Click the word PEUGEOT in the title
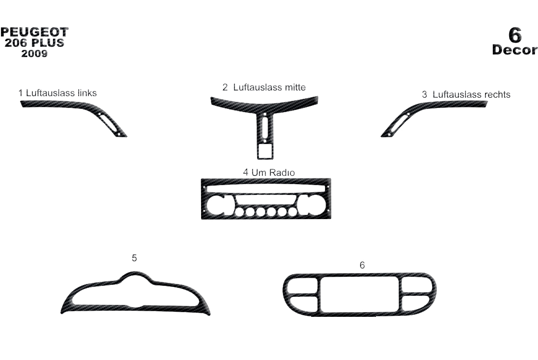click(34, 32)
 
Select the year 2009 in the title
click(34, 53)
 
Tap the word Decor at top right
click(515, 50)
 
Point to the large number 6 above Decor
click(515, 34)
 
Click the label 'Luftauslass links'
click(61, 93)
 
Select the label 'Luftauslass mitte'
click(270, 87)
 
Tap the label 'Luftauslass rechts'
click(472, 95)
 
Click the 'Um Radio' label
click(273, 172)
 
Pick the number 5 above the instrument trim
click(134, 258)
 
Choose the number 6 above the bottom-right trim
click(362, 265)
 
